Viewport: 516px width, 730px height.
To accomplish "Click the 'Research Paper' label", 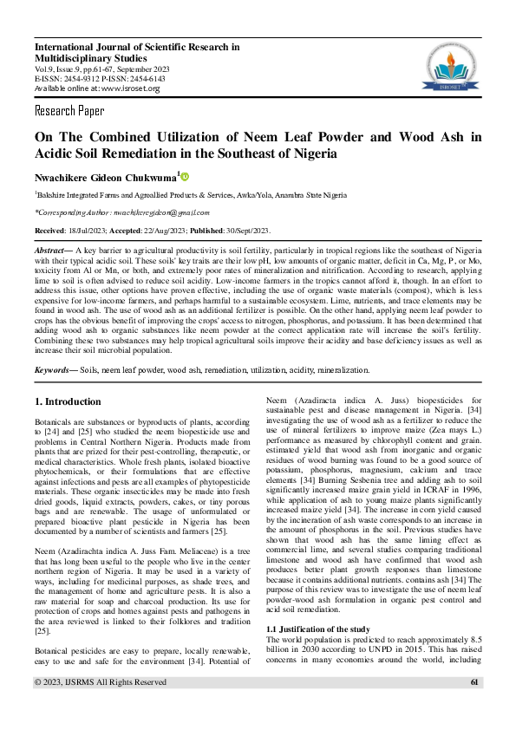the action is point(69,111).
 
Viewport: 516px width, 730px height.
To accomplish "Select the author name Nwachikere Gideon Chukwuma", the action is point(104,178).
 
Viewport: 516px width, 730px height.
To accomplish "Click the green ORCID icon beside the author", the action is point(185,177).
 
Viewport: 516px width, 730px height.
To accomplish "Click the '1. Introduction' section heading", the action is point(67,402).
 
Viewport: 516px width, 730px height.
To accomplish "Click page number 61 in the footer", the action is point(474,707).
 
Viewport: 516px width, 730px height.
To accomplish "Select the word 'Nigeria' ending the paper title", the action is point(308,153).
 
